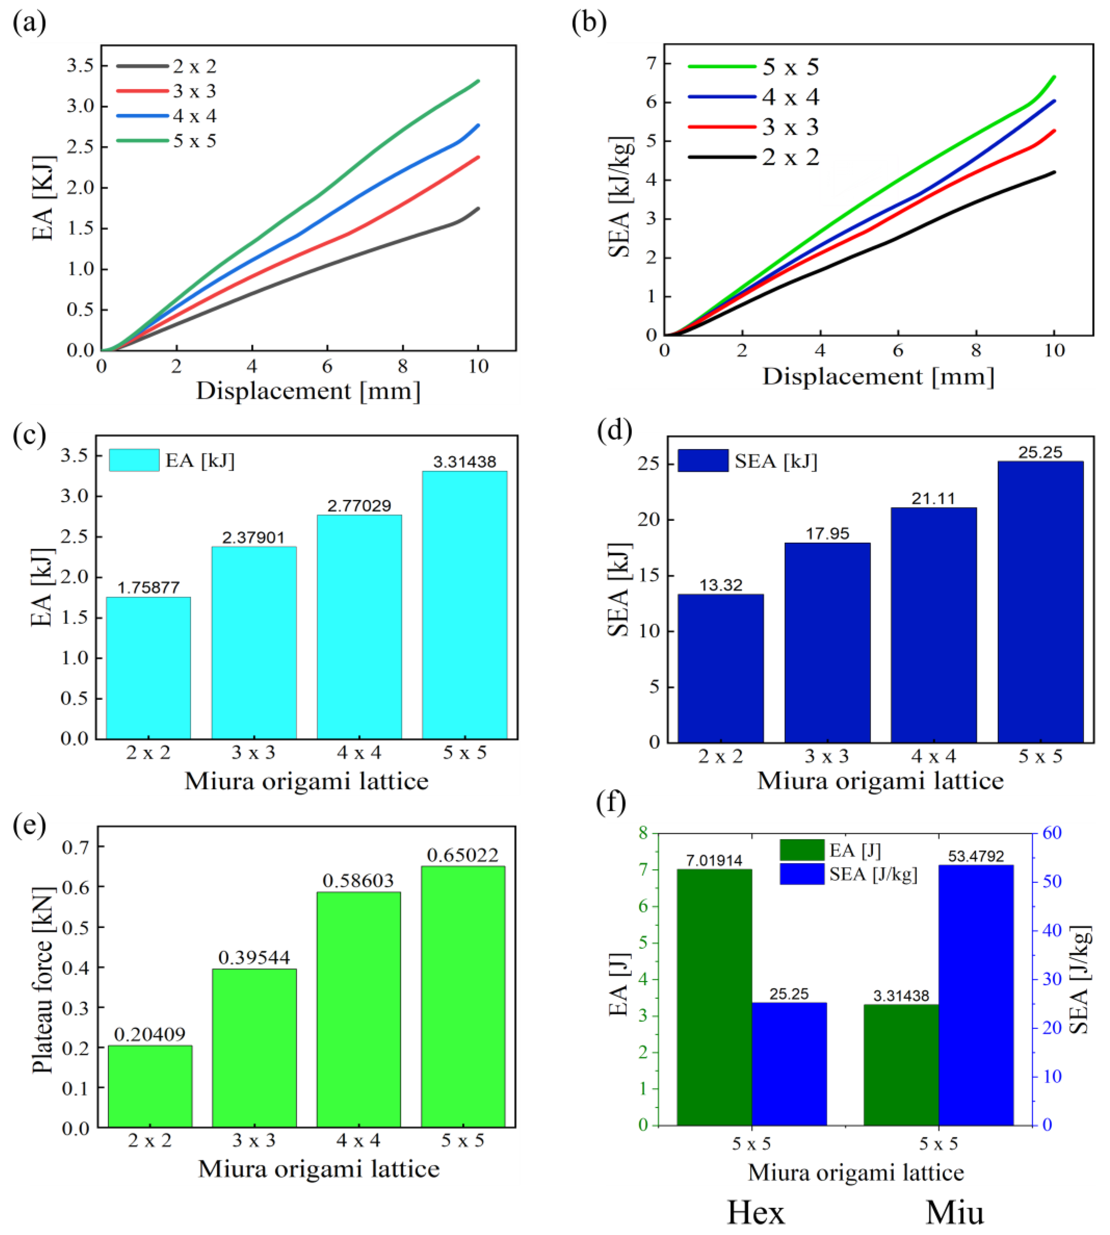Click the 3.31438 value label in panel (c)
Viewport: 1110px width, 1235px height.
(465, 462)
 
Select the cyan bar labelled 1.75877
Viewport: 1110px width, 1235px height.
(148, 668)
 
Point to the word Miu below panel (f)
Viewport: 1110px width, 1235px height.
(954, 1212)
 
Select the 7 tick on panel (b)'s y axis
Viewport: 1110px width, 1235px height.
(651, 63)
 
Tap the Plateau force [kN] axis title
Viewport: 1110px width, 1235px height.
(43, 979)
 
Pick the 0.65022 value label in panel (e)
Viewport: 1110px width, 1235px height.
(462, 855)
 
